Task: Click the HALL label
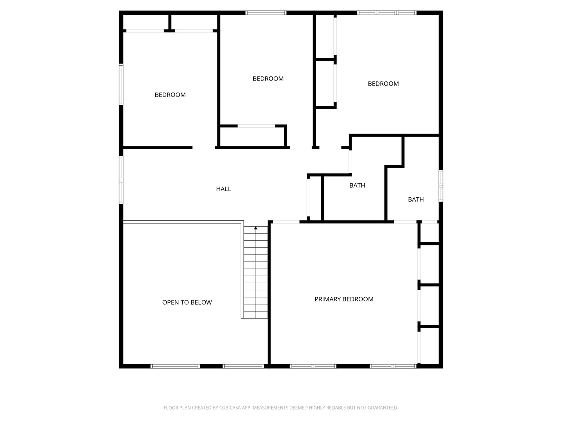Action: (224, 189)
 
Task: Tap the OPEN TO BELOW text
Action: (187, 302)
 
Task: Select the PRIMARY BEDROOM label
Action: (344, 299)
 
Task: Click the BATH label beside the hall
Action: (357, 186)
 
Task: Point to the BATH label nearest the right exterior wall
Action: (416, 200)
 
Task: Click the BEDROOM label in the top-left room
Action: (170, 95)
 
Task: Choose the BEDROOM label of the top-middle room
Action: (268, 79)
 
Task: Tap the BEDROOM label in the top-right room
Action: (383, 84)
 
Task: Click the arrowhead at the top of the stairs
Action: (256, 228)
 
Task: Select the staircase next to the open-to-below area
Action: (256, 274)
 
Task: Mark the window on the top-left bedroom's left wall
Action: (121, 84)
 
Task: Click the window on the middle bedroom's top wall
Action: (266, 13)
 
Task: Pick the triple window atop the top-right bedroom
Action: (387, 13)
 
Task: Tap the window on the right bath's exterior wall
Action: (441, 186)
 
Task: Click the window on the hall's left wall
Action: (121, 180)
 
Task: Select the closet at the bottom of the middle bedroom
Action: (253, 137)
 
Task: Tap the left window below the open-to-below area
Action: (175, 366)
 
